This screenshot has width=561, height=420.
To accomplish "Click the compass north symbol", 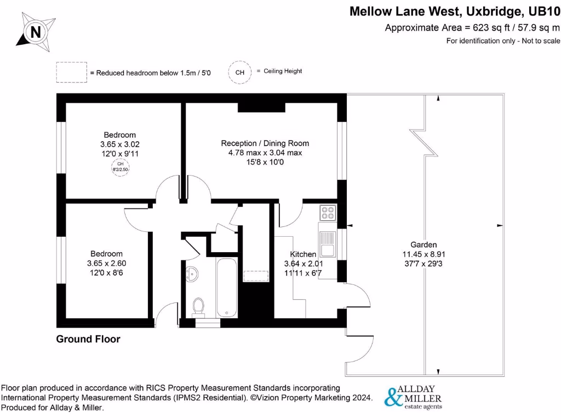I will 36,32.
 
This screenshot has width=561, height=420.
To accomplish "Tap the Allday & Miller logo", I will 414,398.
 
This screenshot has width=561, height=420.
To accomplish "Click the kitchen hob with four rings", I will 328,212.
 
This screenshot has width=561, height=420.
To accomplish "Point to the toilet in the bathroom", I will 199,307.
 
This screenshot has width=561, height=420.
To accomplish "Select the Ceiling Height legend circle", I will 239,72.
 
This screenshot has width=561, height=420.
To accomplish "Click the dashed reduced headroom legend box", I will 71,72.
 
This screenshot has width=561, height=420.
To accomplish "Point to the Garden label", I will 423,244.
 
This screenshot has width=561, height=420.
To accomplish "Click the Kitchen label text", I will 303,254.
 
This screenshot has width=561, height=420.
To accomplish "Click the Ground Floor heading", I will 88,339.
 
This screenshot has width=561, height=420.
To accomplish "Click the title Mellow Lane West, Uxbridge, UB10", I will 455,11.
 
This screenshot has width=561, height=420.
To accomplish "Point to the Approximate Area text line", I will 472,28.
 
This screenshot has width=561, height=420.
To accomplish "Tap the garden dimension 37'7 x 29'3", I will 423,263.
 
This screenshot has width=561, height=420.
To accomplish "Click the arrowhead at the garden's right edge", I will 500,225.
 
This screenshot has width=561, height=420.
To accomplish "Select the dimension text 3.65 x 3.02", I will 119,144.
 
